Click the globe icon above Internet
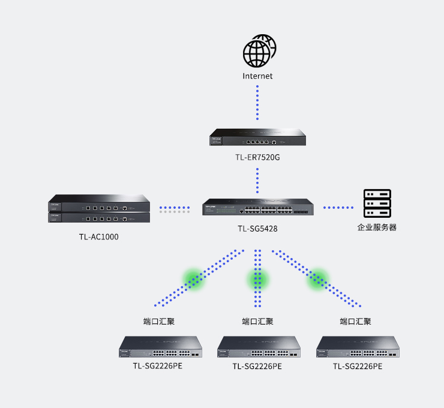259,52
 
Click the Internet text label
257,76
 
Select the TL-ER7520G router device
257,138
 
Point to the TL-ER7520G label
257,158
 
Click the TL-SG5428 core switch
257,208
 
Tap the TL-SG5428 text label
257,229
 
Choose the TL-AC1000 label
98,237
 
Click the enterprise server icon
377,204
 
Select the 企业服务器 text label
377,227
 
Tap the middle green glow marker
257,279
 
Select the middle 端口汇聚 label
257,322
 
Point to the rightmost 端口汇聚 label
355,322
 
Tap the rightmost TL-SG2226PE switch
358,347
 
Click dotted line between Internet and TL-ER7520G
257,103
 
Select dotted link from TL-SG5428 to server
338,208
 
